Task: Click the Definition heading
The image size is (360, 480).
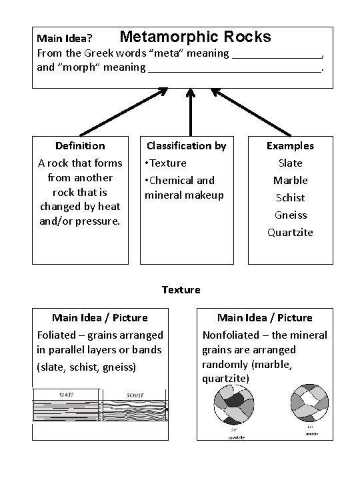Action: tap(80, 145)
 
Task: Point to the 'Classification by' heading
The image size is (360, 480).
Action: tap(187, 145)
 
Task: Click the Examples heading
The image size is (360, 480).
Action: tap(290, 145)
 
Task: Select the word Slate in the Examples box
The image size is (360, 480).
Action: tap(290, 163)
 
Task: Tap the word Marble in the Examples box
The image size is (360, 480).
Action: tap(290, 180)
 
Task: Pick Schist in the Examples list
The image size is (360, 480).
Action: tap(290, 197)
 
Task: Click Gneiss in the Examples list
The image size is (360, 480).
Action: tap(290, 215)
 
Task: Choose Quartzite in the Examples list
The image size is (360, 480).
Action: tap(290, 232)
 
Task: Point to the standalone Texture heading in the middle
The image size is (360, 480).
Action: tap(181, 289)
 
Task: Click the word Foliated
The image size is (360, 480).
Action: tap(58, 335)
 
